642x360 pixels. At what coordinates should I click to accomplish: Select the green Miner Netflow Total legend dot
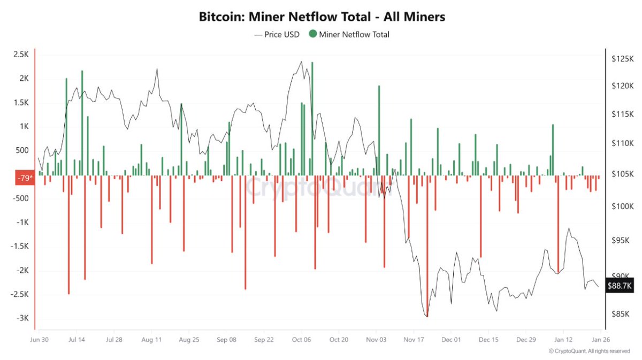tap(312, 34)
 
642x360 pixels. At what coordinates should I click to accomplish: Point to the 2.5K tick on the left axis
tap(21, 55)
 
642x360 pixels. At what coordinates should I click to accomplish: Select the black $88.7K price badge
tap(620, 286)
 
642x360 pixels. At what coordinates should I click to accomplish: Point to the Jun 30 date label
tap(40, 339)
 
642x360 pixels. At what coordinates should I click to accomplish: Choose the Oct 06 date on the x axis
tap(301, 339)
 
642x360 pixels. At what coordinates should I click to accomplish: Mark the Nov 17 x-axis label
tap(414, 339)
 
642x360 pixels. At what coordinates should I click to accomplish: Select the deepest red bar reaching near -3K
tap(427, 246)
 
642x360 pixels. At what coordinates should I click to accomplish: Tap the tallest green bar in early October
tap(312, 118)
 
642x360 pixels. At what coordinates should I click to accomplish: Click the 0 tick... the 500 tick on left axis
tap(21, 150)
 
